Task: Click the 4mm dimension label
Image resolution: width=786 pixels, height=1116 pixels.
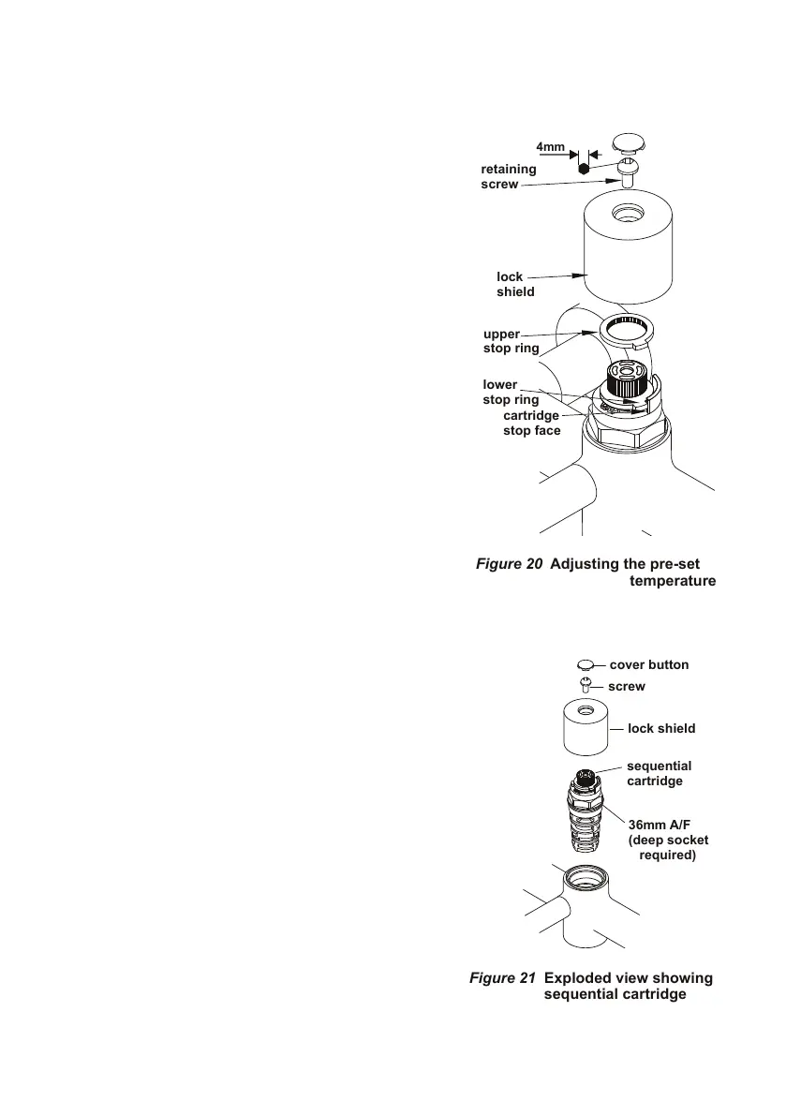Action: [x=550, y=147]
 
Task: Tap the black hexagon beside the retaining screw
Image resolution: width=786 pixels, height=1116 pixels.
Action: [x=583, y=170]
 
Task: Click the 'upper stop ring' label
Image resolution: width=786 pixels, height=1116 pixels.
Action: [x=511, y=341]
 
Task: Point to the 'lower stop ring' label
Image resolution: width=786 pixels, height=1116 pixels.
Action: [x=511, y=393]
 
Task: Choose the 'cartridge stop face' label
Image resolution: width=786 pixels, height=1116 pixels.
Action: [x=531, y=423]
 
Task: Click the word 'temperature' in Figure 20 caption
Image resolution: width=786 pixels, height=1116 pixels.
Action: [x=673, y=581]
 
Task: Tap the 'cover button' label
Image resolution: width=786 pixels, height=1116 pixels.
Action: [x=648, y=664]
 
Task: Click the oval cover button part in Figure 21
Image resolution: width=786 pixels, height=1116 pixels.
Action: [x=586, y=664]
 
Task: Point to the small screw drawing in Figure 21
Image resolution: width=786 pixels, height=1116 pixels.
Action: [x=586, y=685]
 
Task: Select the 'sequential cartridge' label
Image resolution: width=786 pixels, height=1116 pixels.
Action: [x=659, y=773]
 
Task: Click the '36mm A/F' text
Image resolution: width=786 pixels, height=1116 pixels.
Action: [x=660, y=826]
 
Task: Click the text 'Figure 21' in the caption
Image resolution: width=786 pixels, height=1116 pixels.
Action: [x=502, y=978]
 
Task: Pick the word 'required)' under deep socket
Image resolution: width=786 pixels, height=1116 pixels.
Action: [x=668, y=856]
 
